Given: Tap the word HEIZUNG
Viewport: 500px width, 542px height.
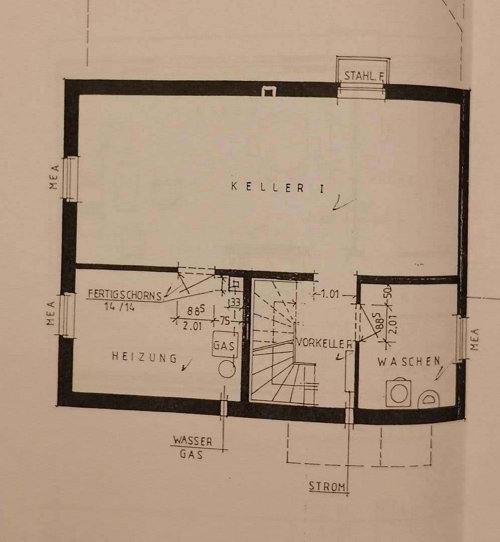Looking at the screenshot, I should (x=144, y=357).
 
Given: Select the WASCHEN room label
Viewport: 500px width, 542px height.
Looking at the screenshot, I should (x=408, y=361).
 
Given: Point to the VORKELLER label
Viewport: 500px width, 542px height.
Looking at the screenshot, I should (x=324, y=343).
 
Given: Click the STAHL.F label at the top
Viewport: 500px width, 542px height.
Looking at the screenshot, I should (x=364, y=76).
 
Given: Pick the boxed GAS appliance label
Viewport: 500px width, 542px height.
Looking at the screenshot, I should (x=224, y=346).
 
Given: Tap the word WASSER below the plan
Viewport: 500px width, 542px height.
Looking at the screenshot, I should (x=193, y=441).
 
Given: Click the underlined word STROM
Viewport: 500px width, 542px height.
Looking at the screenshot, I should (x=327, y=486).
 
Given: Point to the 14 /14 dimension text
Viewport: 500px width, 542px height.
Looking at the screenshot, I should (x=119, y=307).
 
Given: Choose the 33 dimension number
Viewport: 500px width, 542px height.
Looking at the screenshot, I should (x=235, y=302).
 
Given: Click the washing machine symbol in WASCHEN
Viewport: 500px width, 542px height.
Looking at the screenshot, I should (x=399, y=392).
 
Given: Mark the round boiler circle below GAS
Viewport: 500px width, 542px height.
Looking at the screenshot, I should (x=227, y=368).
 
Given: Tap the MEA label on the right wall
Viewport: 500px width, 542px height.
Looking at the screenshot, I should (x=476, y=339).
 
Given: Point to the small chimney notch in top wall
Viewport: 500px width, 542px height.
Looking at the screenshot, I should (x=269, y=91).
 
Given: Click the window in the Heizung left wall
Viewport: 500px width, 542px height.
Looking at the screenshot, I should (x=67, y=315).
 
